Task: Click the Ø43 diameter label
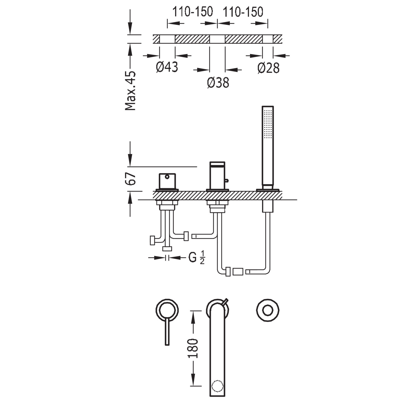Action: coord(167,67)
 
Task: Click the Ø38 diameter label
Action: coord(218,83)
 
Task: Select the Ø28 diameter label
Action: coord(269,68)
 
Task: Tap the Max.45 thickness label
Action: coord(130,91)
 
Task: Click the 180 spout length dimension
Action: coord(193,348)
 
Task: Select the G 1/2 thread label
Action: coord(197,258)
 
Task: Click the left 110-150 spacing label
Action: coord(192,12)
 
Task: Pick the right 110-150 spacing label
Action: coord(243,12)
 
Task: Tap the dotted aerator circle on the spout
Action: coord(218,386)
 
